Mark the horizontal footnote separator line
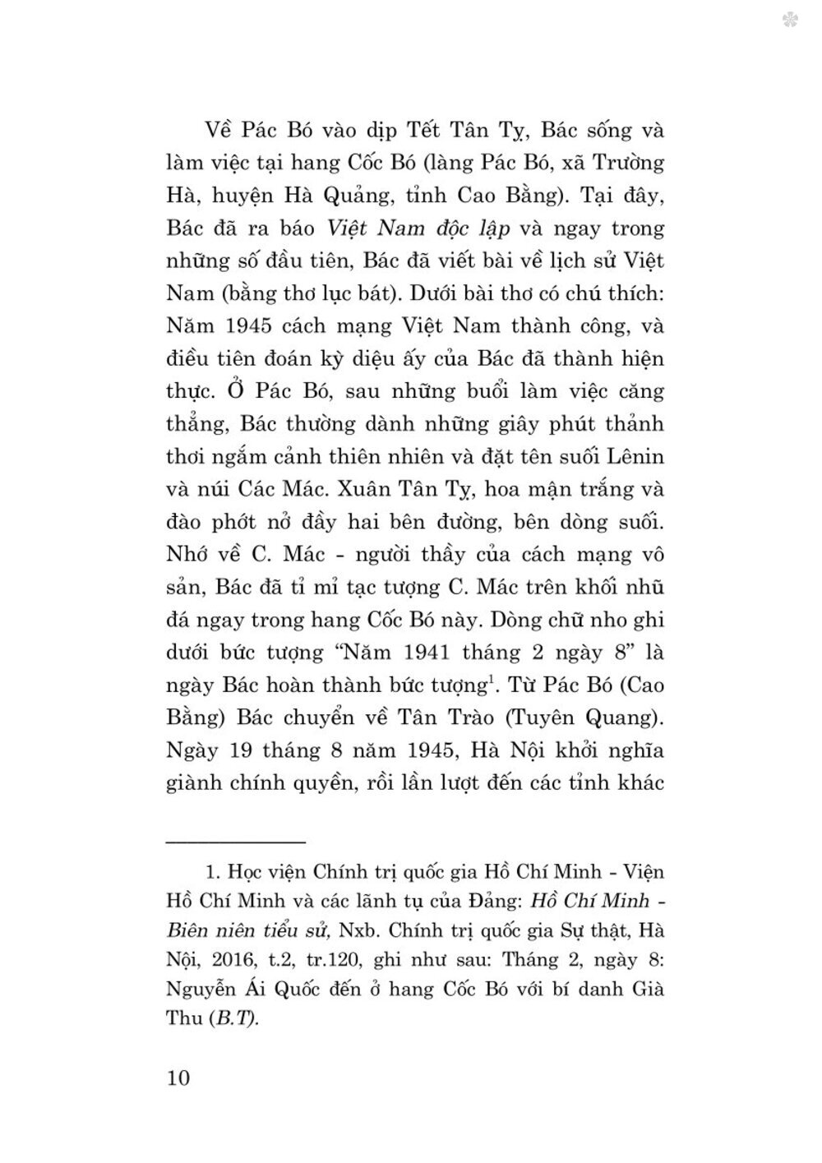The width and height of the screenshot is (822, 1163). [236, 819]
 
